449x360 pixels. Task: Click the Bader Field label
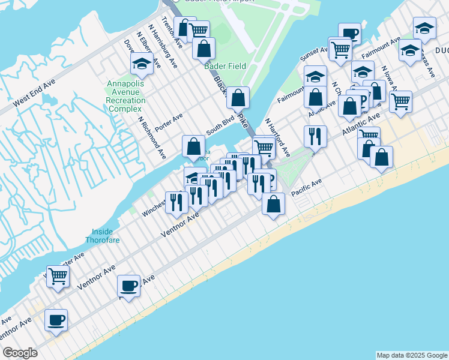tap(224, 66)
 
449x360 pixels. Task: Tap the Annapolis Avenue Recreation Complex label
tap(125, 96)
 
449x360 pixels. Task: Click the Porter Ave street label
tap(168, 122)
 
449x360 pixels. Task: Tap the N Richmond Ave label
tap(152, 137)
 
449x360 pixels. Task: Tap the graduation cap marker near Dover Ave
tap(141, 64)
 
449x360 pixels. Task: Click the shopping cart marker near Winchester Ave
tap(58, 277)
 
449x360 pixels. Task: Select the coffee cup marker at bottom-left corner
tap(56, 320)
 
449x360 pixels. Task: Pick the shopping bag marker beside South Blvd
tap(194, 146)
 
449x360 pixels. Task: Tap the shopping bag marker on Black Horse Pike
tap(238, 97)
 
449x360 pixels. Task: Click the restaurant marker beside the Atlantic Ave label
tap(315, 136)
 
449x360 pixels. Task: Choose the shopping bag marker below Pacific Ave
tap(273, 203)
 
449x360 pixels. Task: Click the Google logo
tap(20, 353)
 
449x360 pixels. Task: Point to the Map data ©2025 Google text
tap(411, 355)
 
